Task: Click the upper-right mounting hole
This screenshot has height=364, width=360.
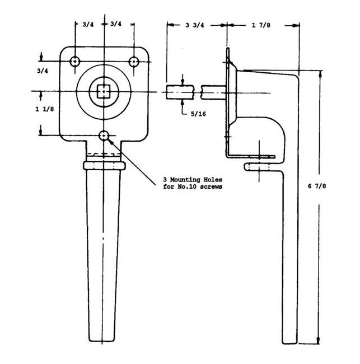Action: pyautogui.click(x=133, y=60)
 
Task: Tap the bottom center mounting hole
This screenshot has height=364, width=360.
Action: pyautogui.click(x=105, y=136)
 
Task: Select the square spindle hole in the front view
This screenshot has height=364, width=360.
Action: pyautogui.click(x=105, y=91)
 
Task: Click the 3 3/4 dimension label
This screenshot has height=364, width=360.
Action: pyautogui.click(x=194, y=24)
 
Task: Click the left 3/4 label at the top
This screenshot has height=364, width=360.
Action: pyautogui.click(x=88, y=24)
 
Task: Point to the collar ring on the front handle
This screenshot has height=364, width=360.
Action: pyautogui.click(x=105, y=166)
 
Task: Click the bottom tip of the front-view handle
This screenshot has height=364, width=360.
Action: pyautogui.click(x=105, y=339)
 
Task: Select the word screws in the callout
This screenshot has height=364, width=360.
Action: pyautogui.click(x=211, y=186)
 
